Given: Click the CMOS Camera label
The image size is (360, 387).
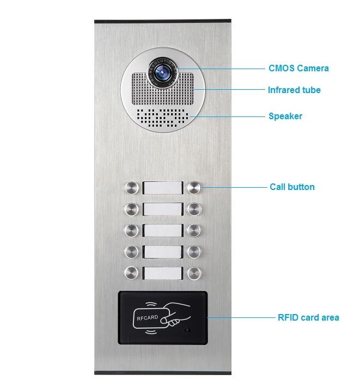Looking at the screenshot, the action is click(298, 69).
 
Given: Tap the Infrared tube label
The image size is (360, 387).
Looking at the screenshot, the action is click(294, 90).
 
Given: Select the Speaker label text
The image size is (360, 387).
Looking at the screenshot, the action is click(285, 116).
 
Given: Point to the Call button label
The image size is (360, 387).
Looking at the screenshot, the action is click(292, 187).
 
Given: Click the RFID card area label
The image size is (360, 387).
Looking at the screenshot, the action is click(308, 317).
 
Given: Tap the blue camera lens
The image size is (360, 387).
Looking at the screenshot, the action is click(162, 73).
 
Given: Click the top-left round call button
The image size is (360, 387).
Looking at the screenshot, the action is click(132, 188).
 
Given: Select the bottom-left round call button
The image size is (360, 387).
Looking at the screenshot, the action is click(132, 273).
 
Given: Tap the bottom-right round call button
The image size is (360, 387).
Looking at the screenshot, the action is click(194, 273).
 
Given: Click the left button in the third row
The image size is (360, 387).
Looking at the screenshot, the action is click(132, 231).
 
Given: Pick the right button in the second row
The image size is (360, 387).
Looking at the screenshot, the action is click(194, 210).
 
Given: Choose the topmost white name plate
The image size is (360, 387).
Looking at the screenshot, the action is click(163, 188).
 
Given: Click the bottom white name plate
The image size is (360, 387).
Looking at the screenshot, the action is click(163, 273).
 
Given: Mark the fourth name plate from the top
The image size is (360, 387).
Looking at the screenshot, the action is click(163, 252).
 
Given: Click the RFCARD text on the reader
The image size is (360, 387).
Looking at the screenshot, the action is click(148, 318).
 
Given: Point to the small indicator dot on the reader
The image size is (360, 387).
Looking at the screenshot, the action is click(188, 330).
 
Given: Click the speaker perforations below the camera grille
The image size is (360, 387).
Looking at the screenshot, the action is click(163, 118).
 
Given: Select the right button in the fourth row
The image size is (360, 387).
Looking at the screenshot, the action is click(194, 252).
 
